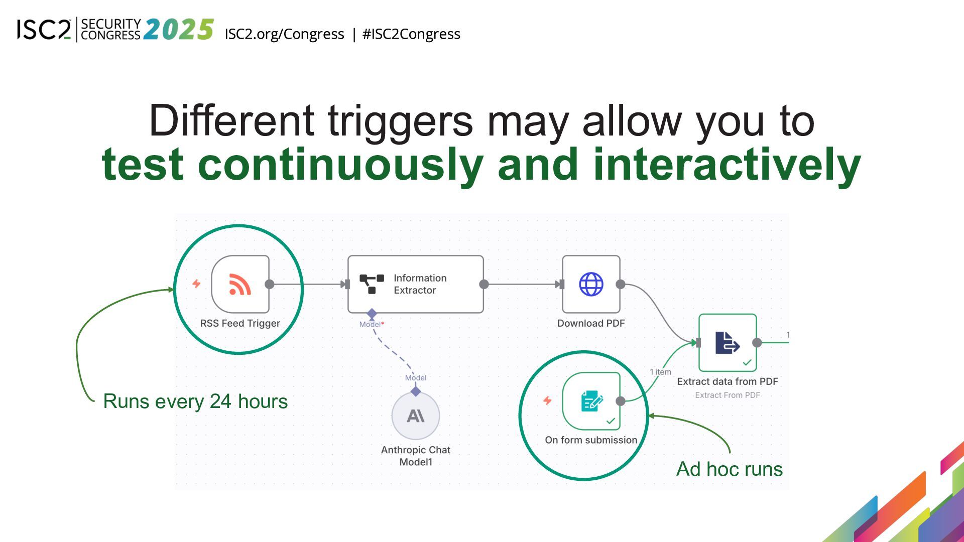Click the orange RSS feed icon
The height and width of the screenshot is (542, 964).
click(240, 284)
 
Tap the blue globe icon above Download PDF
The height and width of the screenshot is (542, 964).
click(591, 284)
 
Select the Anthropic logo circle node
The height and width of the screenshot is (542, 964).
click(416, 416)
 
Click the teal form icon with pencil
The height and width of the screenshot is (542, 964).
click(591, 401)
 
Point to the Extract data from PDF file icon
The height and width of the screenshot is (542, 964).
click(727, 343)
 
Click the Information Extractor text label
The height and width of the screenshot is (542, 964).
click(420, 284)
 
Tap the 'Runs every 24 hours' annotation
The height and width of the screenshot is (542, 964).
click(195, 401)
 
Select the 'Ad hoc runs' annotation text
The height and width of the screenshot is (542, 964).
click(730, 469)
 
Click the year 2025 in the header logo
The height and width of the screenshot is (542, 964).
click(179, 30)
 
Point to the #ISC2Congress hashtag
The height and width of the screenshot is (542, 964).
click(411, 34)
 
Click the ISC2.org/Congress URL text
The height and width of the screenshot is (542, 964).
click(284, 34)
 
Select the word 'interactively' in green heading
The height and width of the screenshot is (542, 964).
click(727, 164)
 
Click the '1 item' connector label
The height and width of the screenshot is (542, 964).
click(660, 372)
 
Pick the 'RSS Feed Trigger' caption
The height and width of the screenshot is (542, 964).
click(240, 324)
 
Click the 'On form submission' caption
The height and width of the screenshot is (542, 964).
click(591, 440)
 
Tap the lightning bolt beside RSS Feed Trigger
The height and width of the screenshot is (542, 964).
click(196, 284)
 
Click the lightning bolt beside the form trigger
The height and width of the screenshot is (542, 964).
click(547, 400)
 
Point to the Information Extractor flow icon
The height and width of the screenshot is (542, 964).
click(372, 284)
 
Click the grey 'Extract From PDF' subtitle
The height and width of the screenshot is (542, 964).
click(727, 395)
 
